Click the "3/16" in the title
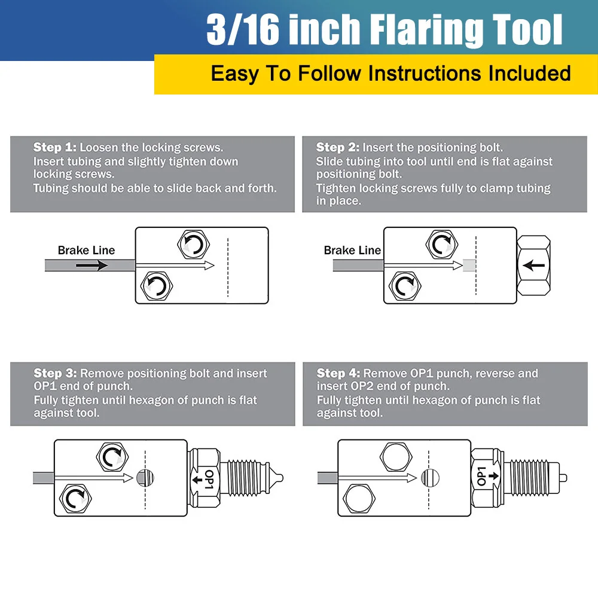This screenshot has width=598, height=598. pos(243,30)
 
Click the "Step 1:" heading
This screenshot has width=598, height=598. pos(54,147)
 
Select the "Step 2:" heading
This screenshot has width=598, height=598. pos(337,147)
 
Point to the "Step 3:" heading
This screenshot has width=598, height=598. pos(55,373)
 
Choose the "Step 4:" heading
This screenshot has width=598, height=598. pos(338,373)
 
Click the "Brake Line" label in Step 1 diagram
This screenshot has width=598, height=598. pos(86,250)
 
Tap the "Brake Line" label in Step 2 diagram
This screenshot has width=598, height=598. pos(352,250)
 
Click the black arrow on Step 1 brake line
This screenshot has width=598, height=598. pos(92,265)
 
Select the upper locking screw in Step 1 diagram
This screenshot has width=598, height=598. pos(194,245)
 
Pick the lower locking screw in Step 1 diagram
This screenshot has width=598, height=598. pos(157,286)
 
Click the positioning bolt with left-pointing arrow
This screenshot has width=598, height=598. pos(533,266)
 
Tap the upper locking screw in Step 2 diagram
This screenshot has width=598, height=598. pos(442,245)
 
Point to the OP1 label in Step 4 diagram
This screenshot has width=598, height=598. pos(481,476)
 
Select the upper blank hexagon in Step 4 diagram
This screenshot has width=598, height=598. pos(396,457)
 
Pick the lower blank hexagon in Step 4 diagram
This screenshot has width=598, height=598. pos(359,499)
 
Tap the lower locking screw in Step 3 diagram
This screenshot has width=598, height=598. pos(75,499)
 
